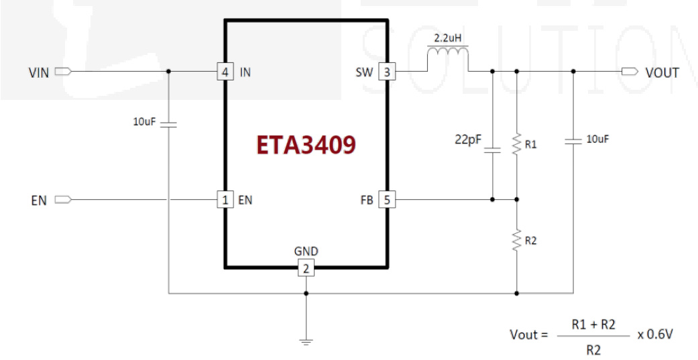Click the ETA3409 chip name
coord(305,145)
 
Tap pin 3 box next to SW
coord(387,72)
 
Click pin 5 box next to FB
coord(387,199)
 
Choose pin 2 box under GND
coord(306,269)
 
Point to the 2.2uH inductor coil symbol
coord(448,56)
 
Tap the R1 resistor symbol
coord(517,144)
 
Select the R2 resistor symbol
coord(517,239)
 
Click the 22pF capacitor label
coord(468,141)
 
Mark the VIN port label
coord(38,72)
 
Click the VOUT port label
coord(662,72)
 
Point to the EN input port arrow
coord(62,199)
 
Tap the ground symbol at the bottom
coord(306,342)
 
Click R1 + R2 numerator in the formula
coord(593,324)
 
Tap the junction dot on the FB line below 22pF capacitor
coord(492,199)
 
